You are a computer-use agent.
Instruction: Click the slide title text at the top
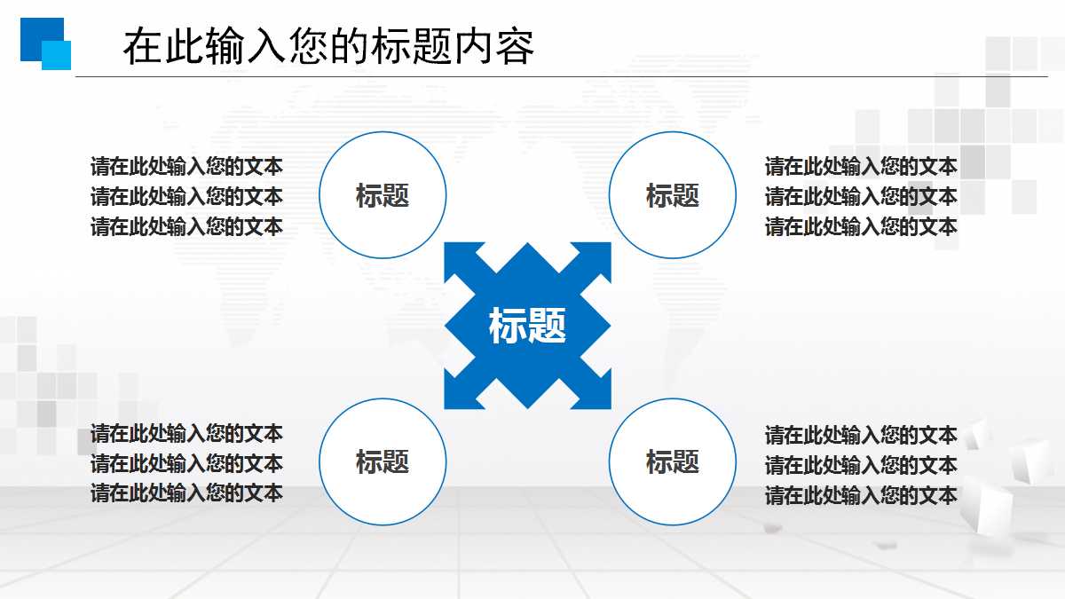[328, 47]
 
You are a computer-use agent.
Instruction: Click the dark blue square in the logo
[35, 34]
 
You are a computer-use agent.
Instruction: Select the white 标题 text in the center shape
[527, 326]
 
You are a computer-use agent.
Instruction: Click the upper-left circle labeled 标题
[382, 195]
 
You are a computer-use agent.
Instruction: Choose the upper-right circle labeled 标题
[673, 195]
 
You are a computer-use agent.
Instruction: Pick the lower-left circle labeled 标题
[382, 461]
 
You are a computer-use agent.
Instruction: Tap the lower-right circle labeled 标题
[673, 461]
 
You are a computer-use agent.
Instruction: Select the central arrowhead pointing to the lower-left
[462, 390]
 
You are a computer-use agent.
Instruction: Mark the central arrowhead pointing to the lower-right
[592, 390]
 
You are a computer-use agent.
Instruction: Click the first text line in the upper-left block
[186, 166]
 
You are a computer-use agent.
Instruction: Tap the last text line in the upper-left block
[186, 226]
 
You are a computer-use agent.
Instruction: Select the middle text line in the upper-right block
[861, 196]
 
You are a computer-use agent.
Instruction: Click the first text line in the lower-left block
[186, 433]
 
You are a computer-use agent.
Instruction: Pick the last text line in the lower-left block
[186, 493]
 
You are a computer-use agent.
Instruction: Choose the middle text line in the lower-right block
[861, 465]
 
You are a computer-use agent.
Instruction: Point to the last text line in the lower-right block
[861, 495]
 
